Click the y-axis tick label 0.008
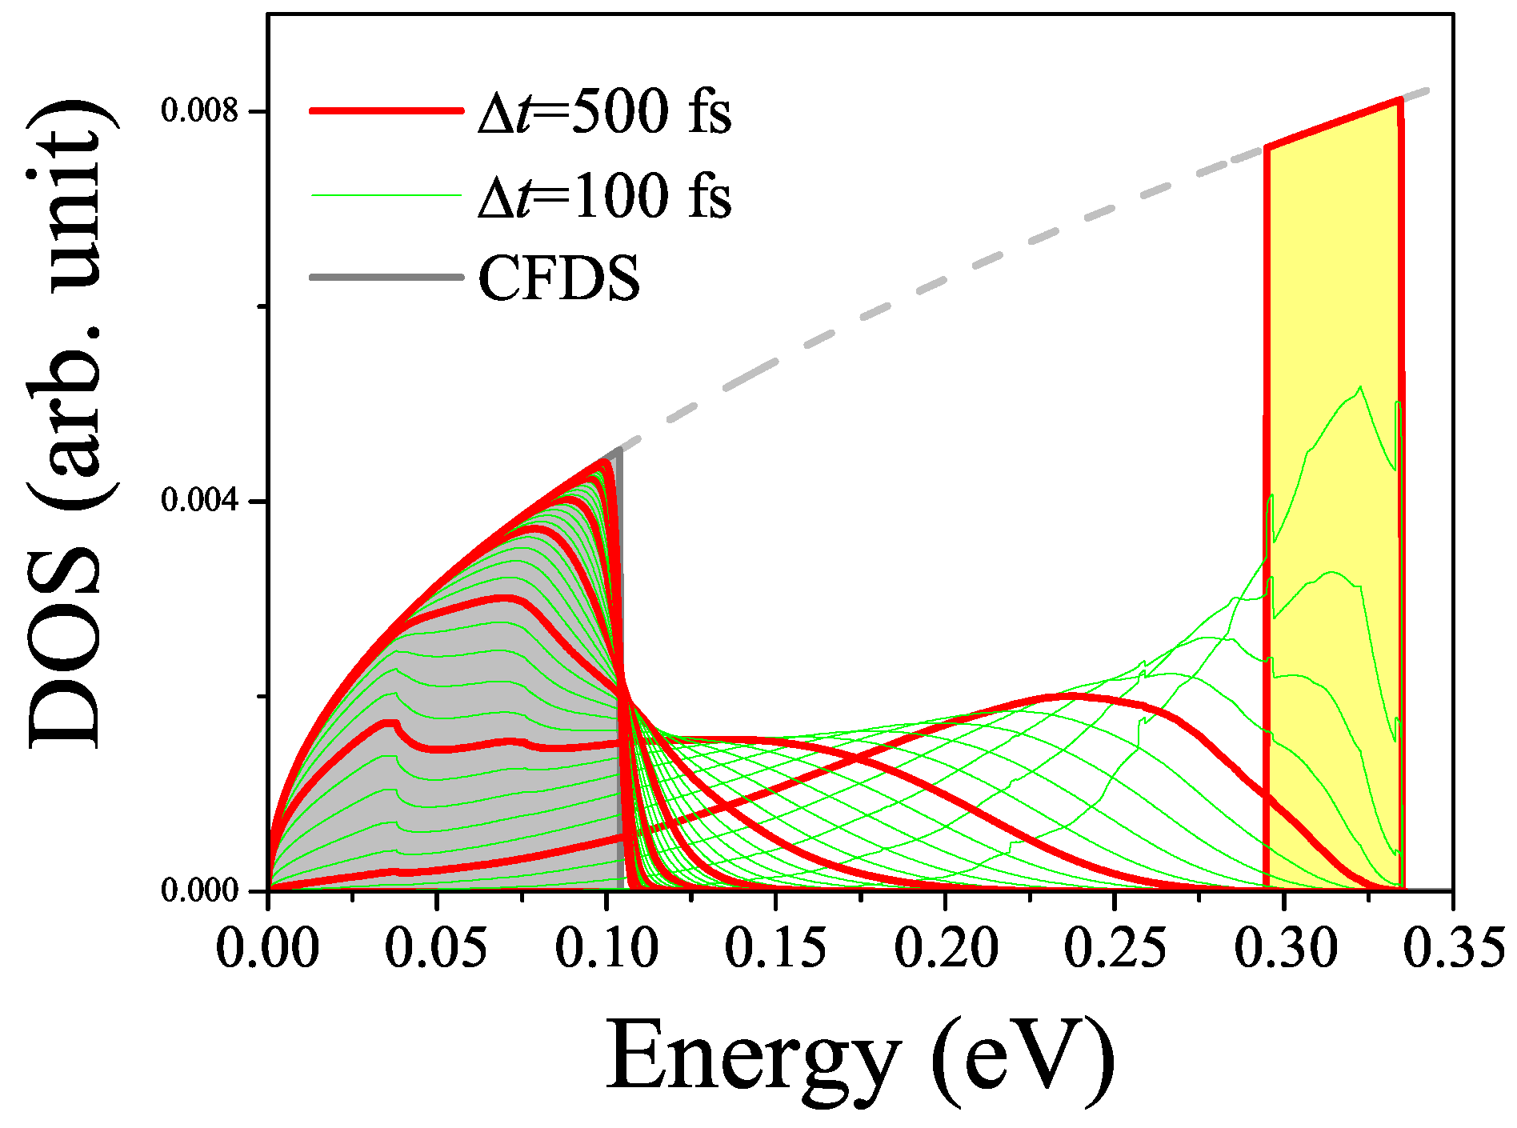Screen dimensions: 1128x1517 (x=200, y=110)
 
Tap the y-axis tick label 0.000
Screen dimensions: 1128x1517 (x=200, y=890)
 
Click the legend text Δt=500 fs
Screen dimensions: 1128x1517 (x=604, y=111)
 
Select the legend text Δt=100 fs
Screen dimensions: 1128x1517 (x=604, y=195)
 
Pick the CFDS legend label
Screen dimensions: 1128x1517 (x=559, y=278)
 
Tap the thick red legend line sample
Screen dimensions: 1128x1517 (x=386, y=111)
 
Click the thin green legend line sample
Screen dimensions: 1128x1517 (x=386, y=194)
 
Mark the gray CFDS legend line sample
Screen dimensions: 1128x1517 (x=386, y=278)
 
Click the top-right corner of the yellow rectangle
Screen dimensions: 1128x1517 (x=1400, y=101)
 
